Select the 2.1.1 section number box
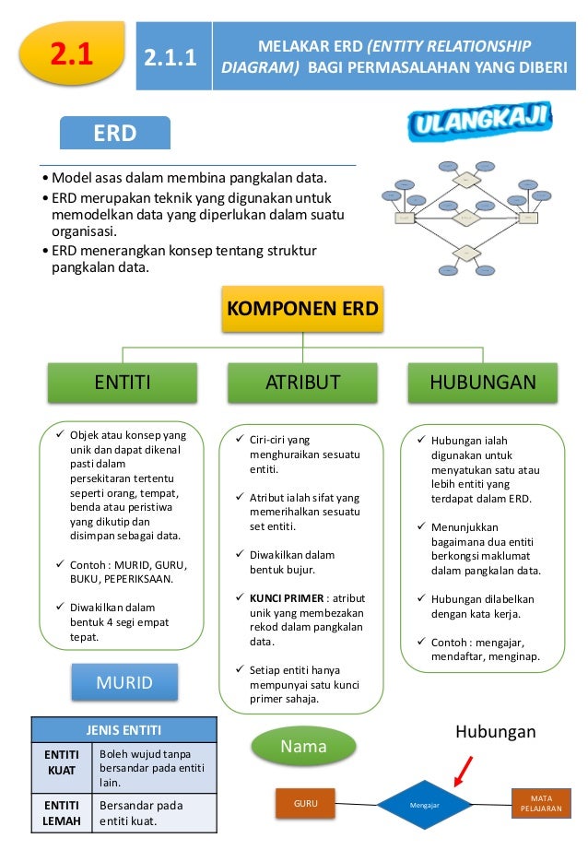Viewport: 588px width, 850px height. [174, 57]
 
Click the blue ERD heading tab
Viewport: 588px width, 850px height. [115, 134]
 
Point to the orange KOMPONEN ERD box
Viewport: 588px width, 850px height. [303, 309]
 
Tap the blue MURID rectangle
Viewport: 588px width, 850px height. [123, 682]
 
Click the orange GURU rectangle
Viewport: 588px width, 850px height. [305, 803]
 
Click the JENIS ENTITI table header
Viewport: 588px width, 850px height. [123, 730]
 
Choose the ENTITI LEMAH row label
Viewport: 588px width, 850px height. [63, 813]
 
